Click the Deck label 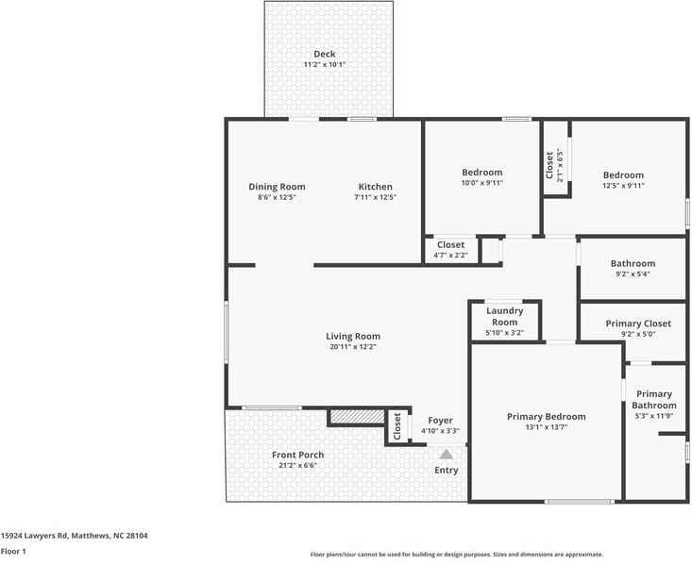tap(325, 54)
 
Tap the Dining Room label tap(277, 187)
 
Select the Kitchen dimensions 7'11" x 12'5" tap(375, 198)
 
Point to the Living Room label tap(353, 337)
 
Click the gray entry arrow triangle tap(446, 455)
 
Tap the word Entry tap(446, 471)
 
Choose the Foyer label tap(440, 421)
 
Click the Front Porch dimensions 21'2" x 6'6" tap(297, 466)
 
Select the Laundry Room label tap(505, 316)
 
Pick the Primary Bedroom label tap(546, 417)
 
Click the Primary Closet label tap(639, 323)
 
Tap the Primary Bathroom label tap(653, 400)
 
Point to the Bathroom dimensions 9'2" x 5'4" tap(632, 274)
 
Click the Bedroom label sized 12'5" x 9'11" tap(623, 175)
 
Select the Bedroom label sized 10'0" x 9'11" tap(481, 173)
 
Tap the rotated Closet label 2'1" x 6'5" tap(550, 165)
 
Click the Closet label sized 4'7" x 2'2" tap(450, 245)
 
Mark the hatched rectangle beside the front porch tap(356, 416)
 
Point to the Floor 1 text tap(13, 552)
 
